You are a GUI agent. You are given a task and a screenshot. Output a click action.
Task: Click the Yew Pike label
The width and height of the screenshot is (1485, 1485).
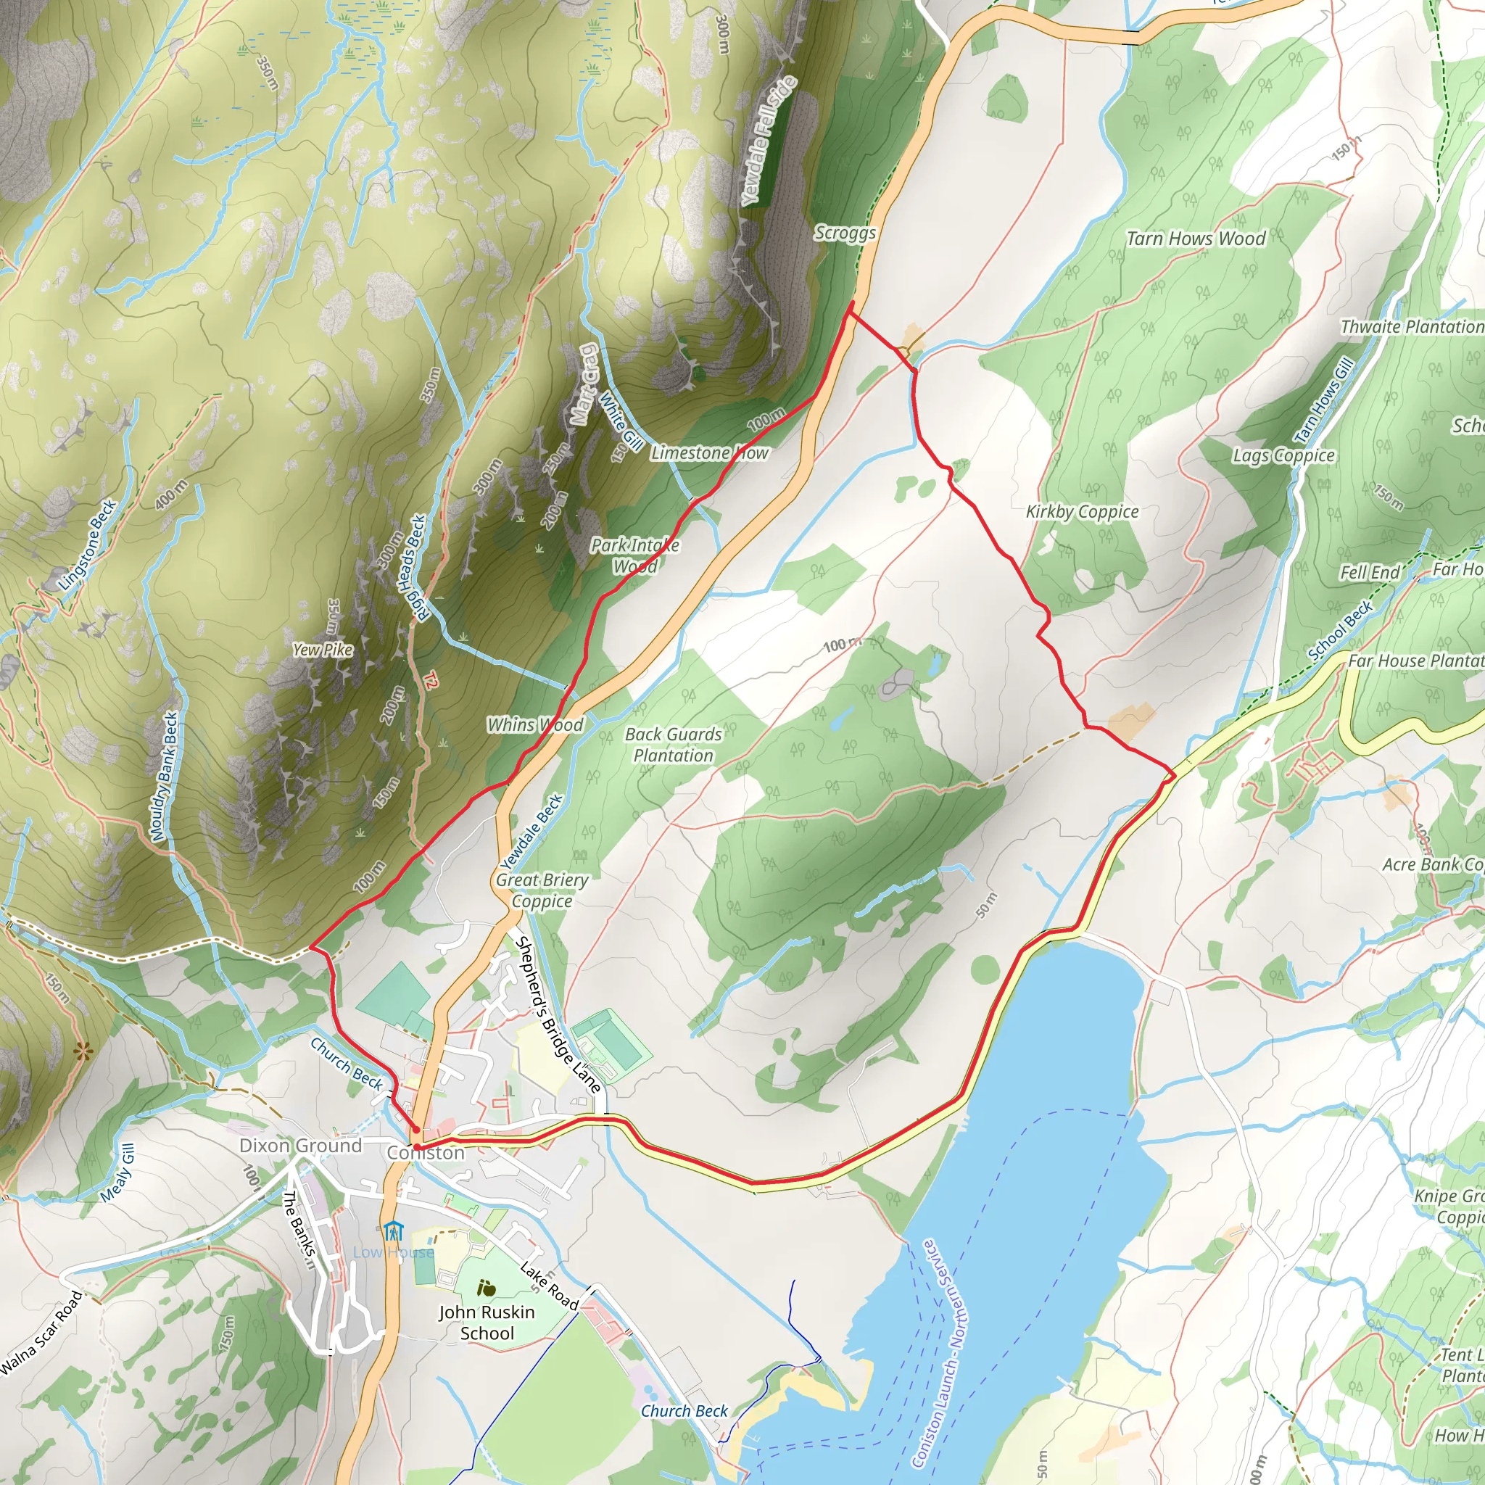click(x=323, y=650)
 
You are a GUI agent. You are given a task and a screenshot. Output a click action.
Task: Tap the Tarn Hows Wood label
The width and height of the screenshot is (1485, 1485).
click(x=1195, y=239)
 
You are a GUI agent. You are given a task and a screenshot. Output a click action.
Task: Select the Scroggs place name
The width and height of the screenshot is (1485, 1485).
click(x=845, y=232)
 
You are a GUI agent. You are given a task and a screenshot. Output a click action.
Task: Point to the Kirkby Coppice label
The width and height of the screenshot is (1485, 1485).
click(x=1083, y=511)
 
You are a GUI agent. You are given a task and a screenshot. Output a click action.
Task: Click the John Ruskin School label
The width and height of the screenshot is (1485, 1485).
click(x=487, y=1322)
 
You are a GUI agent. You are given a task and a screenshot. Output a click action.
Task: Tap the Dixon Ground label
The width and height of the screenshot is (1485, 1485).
click(x=300, y=1145)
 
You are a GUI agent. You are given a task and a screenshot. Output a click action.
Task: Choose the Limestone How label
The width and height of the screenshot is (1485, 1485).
click(x=709, y=452)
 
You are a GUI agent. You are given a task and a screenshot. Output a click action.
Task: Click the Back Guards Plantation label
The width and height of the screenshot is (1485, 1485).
click(x=674, y=745)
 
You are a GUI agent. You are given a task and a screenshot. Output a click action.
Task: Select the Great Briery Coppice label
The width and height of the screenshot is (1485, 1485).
click(x=542, y=890)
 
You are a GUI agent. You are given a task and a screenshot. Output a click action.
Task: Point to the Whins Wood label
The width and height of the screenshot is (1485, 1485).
click(x=536, y=724)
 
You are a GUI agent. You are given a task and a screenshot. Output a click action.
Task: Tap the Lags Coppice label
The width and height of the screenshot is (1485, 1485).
click(x=1283, y=456)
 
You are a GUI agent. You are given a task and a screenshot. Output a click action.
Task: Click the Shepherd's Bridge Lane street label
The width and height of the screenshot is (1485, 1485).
click(x=558, y=1014)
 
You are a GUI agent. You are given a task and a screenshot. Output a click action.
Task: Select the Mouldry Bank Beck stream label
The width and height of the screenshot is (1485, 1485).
click(x=164, y=777)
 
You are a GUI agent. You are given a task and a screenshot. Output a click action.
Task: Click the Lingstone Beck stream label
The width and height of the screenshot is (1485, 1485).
click(x=88, y=545)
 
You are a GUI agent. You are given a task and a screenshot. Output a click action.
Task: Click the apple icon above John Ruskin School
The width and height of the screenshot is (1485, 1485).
click(x=486, y=1288)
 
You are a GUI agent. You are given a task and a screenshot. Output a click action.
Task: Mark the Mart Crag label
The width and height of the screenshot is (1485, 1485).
click(x=584, y=384)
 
